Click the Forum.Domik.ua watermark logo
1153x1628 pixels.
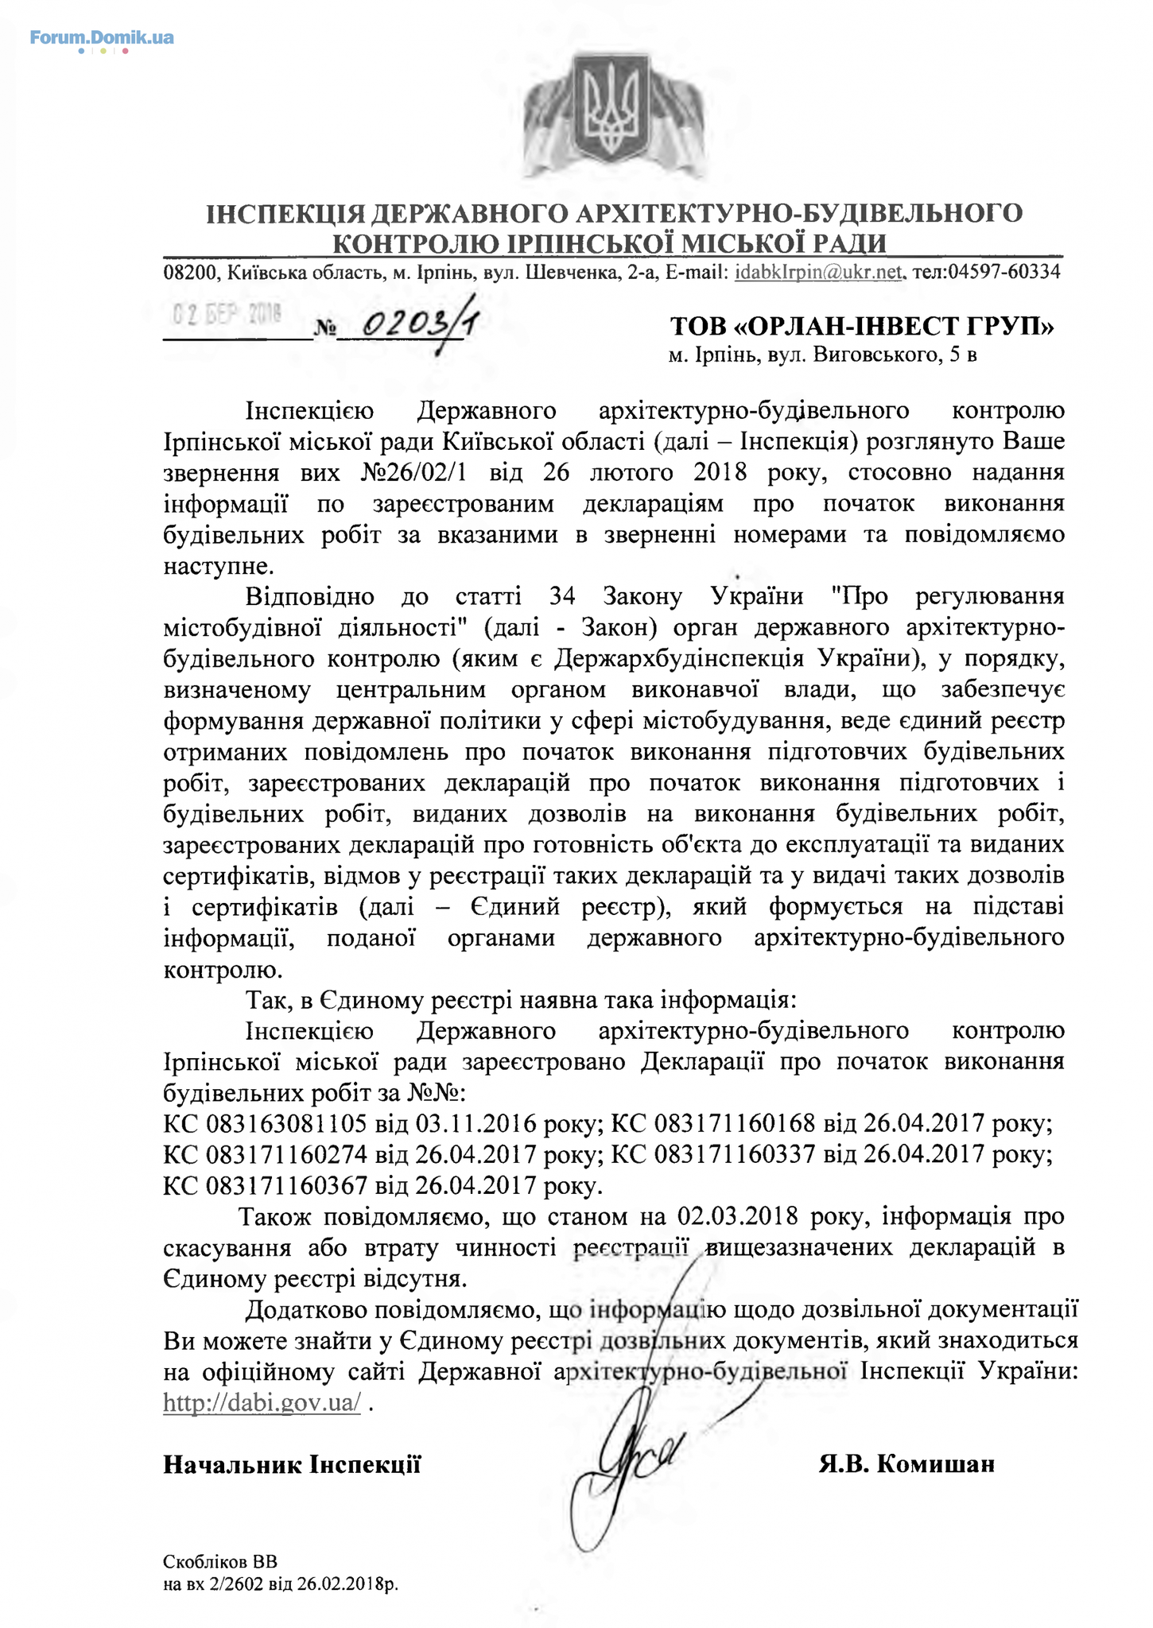click(x=102, y=38)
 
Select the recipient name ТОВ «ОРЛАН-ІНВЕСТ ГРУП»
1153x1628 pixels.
click(x=862, y=327)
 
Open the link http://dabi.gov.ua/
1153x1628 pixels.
click(x=262, y=1402)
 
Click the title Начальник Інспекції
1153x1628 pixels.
click(x=292, y=1464)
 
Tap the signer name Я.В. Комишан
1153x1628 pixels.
click(x=906, y=1464)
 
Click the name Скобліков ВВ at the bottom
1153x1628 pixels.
click(x=220, y=1560)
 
